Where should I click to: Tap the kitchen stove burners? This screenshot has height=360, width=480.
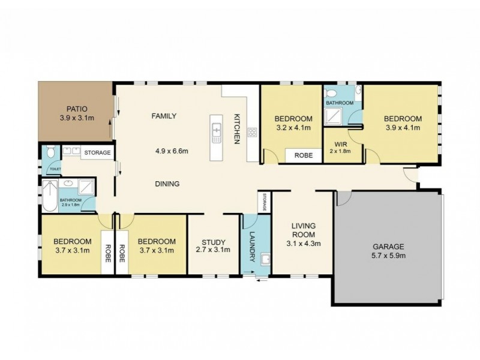[252, 132]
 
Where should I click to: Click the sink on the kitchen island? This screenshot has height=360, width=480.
[217, 133]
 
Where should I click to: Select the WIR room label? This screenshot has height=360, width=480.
[341, 144]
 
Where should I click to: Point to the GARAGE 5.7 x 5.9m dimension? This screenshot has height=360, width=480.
[388, 256]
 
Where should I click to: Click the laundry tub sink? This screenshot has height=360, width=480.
[265, 259]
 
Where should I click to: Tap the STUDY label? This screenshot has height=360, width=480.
[214, 242]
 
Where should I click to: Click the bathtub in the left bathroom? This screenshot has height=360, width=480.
[50, 196]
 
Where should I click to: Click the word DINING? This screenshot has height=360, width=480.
[167, 184]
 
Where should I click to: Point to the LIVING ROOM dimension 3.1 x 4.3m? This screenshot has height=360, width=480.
[304, 244]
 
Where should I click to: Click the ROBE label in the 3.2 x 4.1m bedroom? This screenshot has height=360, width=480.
[304, 155]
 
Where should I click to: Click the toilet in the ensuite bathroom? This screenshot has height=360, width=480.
[330, 93]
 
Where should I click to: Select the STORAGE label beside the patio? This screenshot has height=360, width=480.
[97, 152]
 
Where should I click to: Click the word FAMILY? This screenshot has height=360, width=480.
[164, 116]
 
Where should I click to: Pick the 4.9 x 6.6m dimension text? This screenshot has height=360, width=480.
[172, 151]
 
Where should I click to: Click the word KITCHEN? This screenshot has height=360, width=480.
[237, 129]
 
